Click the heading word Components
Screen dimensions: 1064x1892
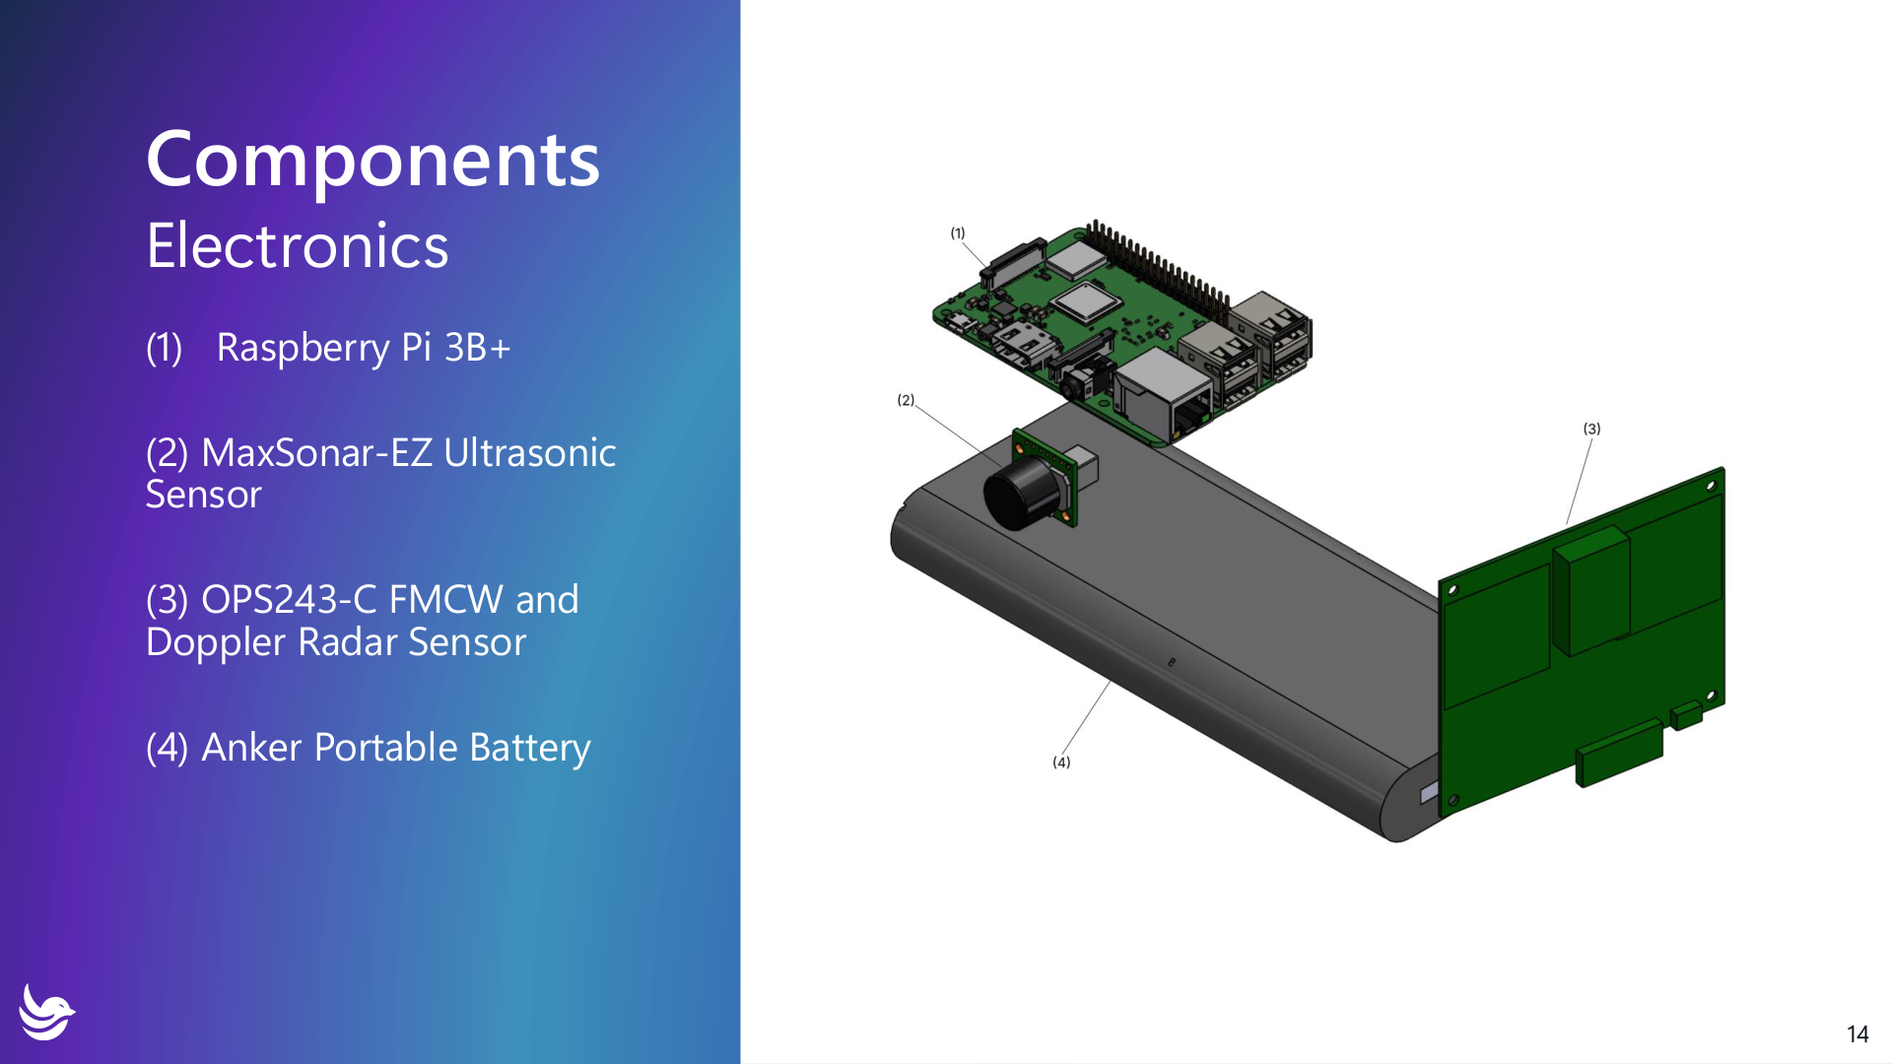click(x=372, y=161)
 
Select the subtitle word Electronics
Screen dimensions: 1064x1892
click(x=297, y=245)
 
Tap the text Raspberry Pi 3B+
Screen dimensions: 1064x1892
click(x=363, y=348)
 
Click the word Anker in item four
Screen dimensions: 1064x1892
click(x=251, y=748)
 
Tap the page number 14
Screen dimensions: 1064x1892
click(x=1857, y=1033)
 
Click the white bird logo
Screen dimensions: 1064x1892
click(x=46, y=1012)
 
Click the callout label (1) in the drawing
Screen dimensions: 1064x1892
click(x=957, y=233)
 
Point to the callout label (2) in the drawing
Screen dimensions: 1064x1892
click(x=905, y=400)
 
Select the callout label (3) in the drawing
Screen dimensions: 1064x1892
click(x=1591, y=429)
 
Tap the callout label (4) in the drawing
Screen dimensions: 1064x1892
click(x=1060, y=762)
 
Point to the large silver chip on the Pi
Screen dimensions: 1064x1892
click(x=1085, y=302)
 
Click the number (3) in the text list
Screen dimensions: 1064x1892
click(x=167, y=600)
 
